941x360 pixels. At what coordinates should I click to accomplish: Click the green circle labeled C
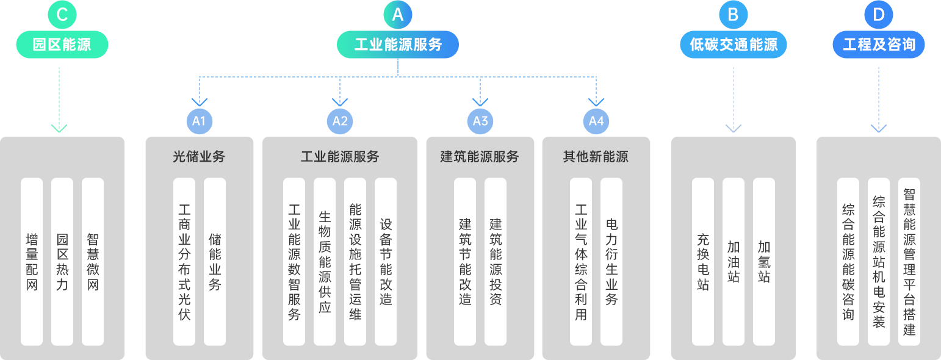[x=62, y=15]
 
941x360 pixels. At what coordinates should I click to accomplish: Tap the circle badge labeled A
[x=397, y=15]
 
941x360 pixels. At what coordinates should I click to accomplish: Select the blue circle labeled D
[x=878, y=15]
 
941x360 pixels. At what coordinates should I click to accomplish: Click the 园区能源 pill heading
[x=62, y=45]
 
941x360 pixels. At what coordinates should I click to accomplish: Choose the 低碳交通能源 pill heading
[x=733, y=45]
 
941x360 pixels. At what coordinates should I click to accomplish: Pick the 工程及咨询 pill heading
[x=878, y=45]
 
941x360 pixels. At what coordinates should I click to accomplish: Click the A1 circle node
[x=199, y=121]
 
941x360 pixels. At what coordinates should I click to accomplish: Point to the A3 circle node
[x=480, y=121]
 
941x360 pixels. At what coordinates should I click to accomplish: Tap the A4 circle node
[x=596, y=121]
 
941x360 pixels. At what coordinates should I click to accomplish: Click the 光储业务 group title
[x=199, y=157]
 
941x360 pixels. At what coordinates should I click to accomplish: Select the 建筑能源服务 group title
[x=480, y=157]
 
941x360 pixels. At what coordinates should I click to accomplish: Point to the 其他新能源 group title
[x=596, y=157]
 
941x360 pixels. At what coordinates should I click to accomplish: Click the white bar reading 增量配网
[x=32, y=262]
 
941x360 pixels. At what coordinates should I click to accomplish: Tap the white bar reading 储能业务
[x=215, y=262]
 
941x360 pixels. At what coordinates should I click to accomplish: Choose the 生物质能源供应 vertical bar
[x=325, y=262]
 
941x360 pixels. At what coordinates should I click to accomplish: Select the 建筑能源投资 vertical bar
[x=496, y=262]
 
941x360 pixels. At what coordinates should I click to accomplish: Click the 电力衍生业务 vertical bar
[x=611, y=262]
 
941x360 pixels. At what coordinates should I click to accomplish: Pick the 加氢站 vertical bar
[x=763, y=262]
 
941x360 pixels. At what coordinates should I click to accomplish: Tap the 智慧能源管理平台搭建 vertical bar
[x=909, y=262]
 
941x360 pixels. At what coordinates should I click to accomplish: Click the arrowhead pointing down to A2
[x=340, y=103]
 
